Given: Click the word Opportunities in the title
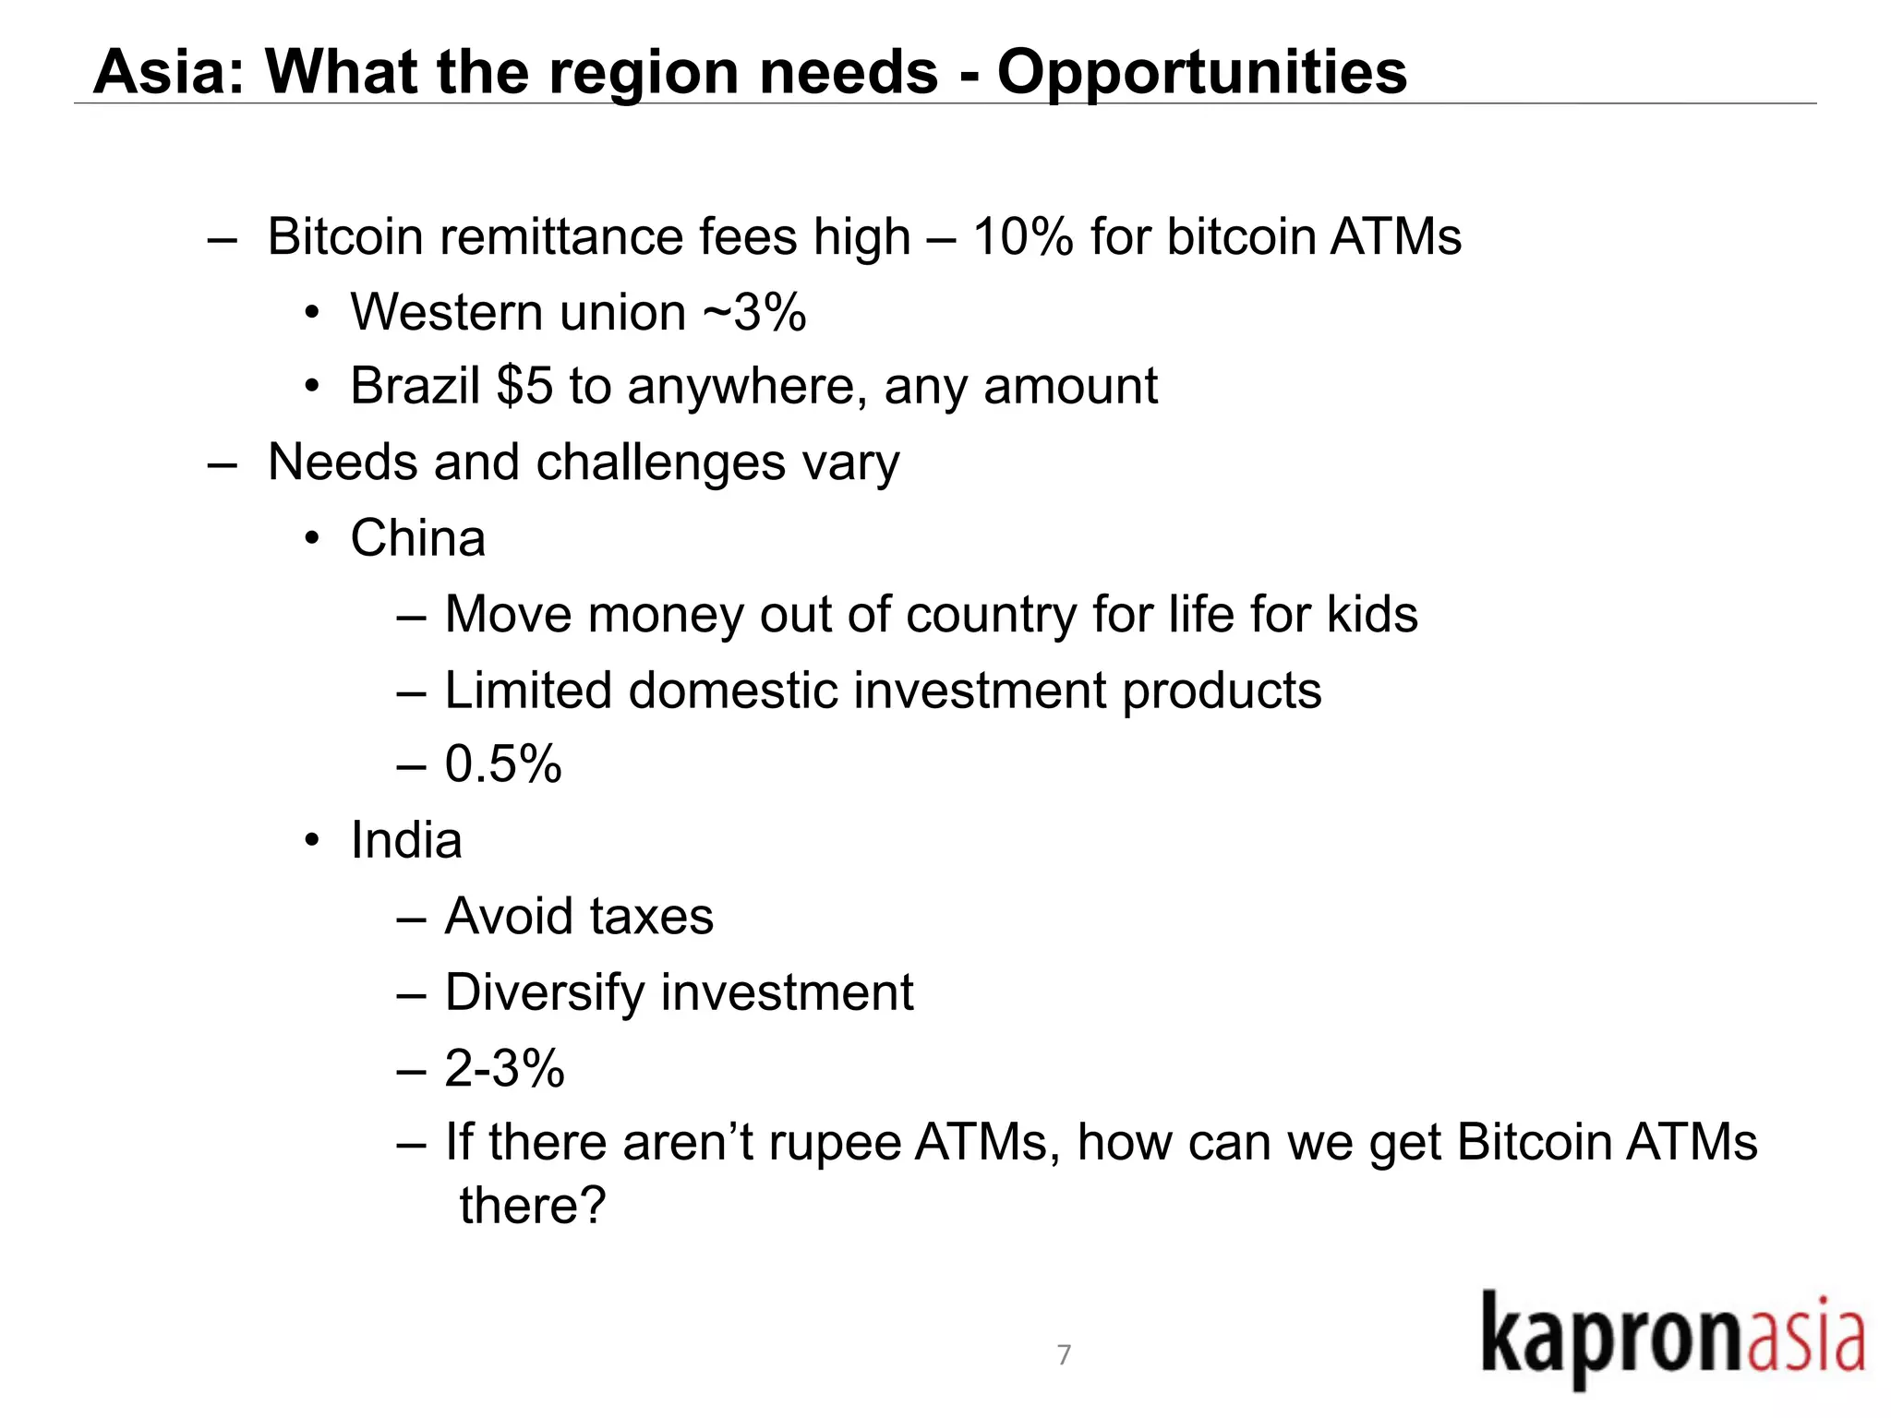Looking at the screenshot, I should [x=1201, y=72].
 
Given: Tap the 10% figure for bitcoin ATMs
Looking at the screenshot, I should [x=1022, y=237].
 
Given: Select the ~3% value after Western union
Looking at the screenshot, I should [x=754, y=312].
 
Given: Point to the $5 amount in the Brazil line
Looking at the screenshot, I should [x=524, y=386].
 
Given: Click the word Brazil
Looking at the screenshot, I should [x=415, y=386].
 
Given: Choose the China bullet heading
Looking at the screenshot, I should [x=417, y=538].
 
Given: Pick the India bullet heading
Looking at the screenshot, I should [x=406, y=840].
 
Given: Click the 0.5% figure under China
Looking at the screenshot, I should [x=503, y=764].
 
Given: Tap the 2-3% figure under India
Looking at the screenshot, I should [x=504, y=1068].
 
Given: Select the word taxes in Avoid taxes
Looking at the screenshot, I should [x=652, y=917].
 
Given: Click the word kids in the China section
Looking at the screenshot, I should [x=1372, y=615].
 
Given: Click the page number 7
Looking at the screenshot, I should [x=1064, y=1354].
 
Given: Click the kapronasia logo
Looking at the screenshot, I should [x=1672, y=1340].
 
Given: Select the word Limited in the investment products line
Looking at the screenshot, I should [x=528, y=691].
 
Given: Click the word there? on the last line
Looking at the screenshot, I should [x=533, y=1206].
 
